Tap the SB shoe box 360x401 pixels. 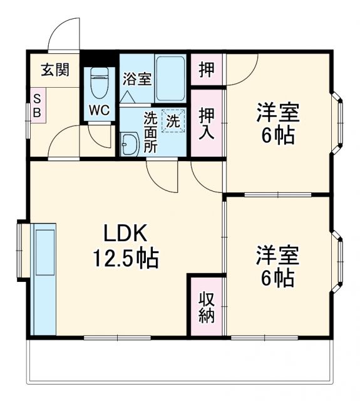[37, 106]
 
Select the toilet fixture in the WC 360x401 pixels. [100, 81]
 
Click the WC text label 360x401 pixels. [99, 110]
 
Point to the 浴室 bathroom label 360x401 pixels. [136, 80]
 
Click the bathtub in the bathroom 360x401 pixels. [170, 78]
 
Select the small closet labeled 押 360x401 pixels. [207, 69]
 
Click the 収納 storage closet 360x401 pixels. [207, 306]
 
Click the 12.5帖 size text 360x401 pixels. [126, 258]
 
